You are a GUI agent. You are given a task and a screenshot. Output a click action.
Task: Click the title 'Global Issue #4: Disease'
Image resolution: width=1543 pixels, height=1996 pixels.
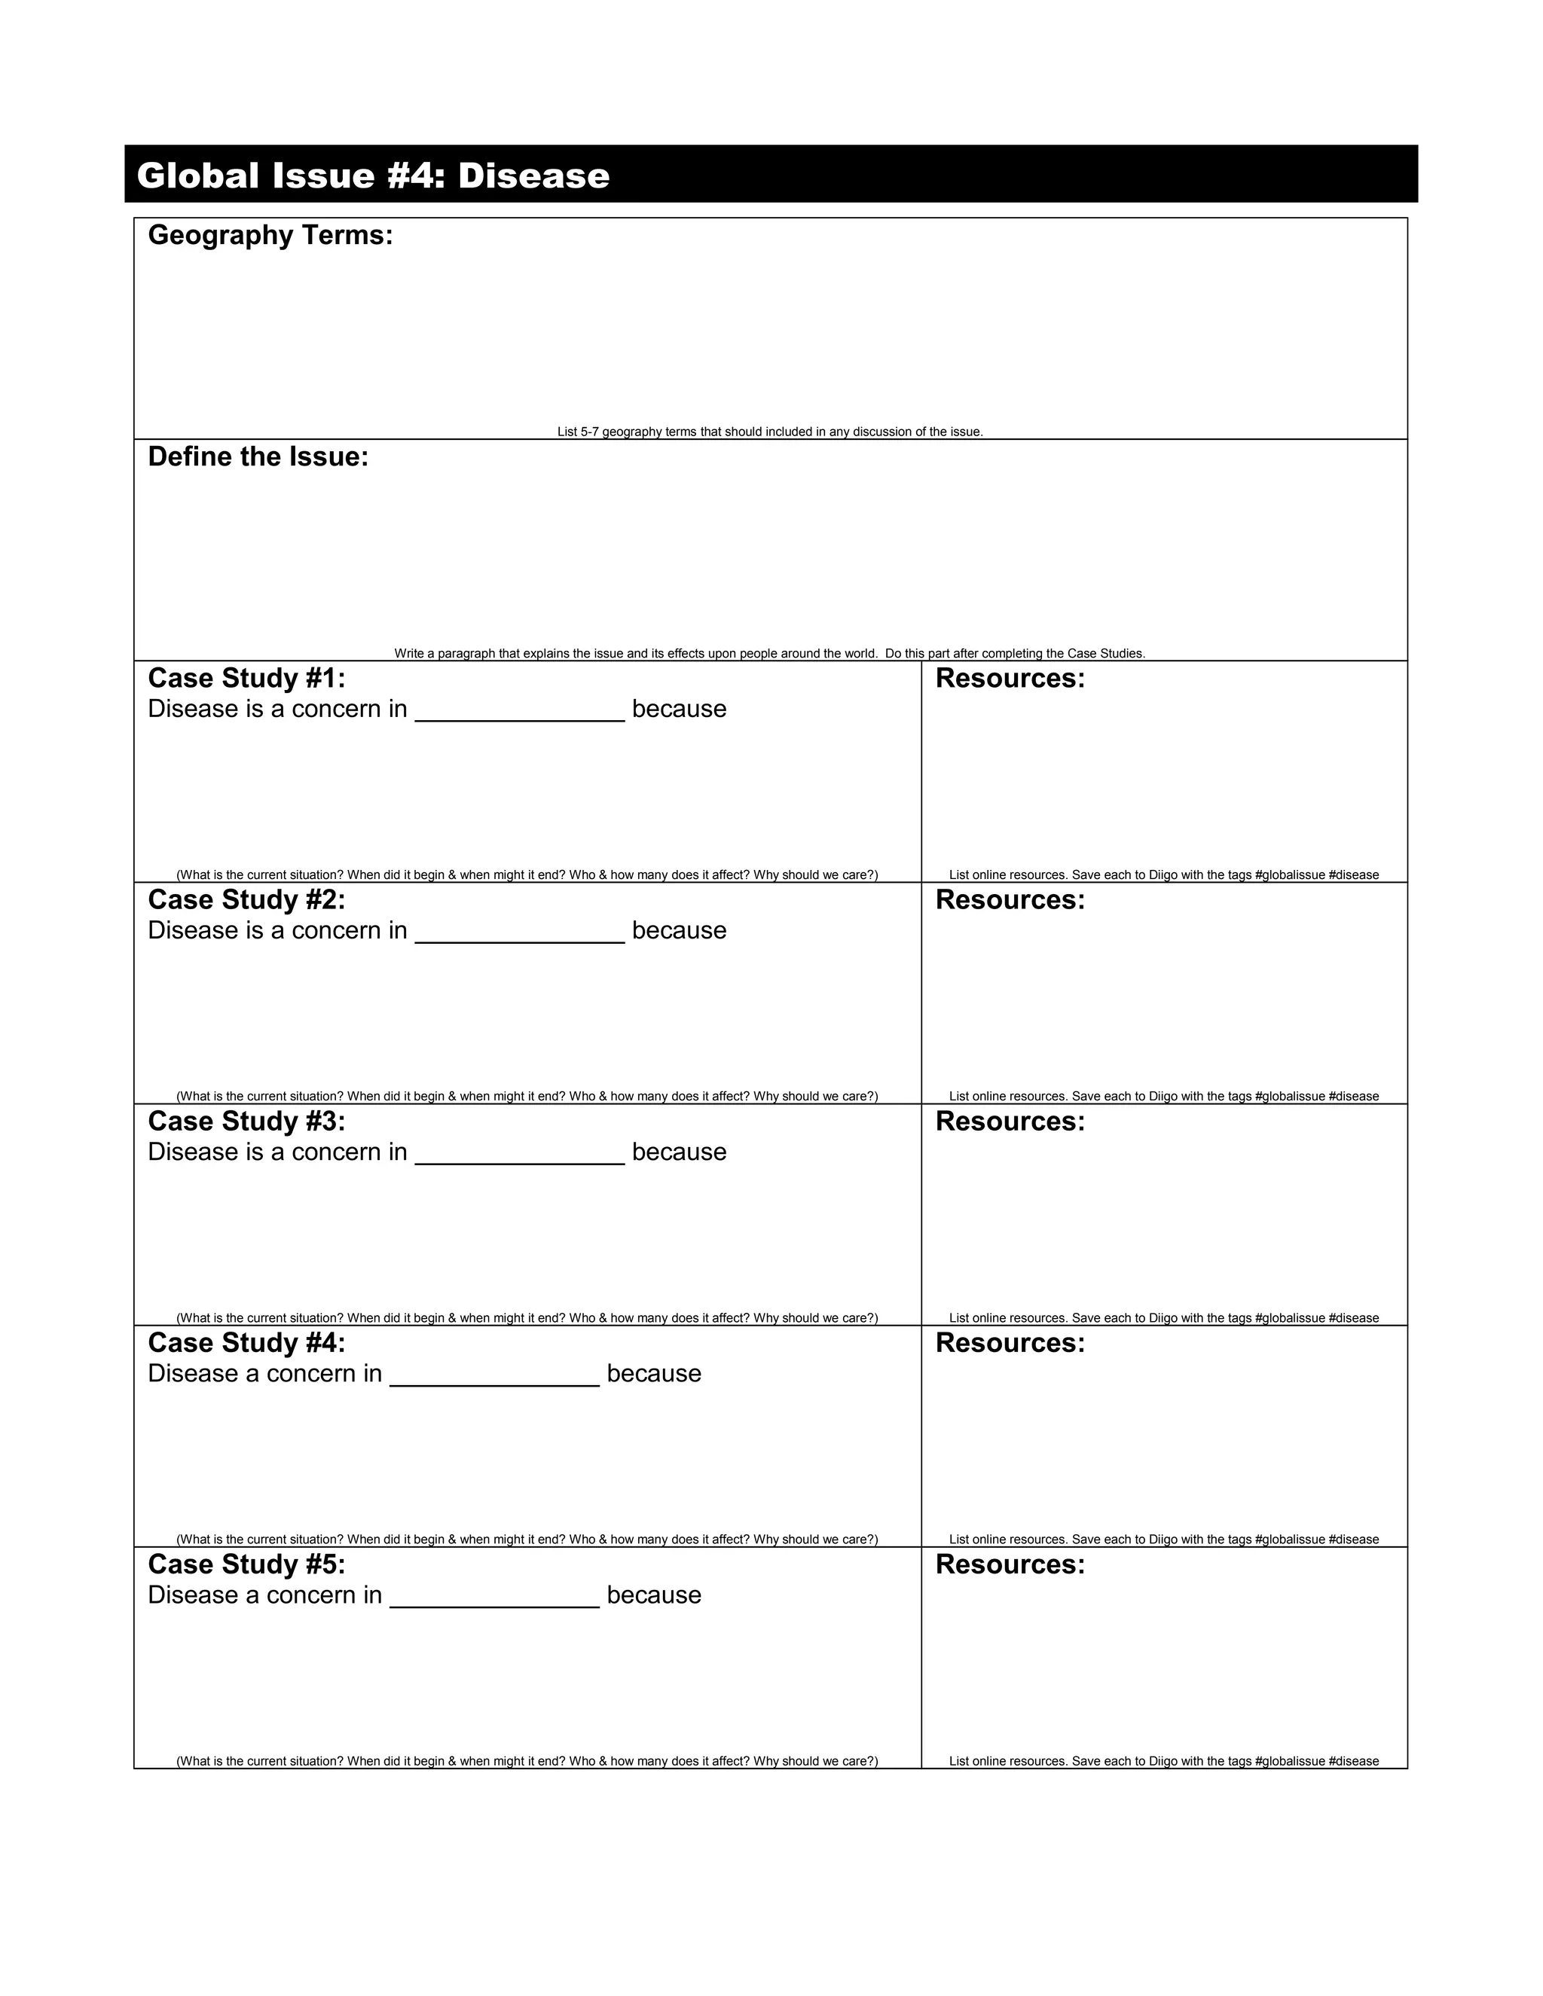click(x=373, y=175)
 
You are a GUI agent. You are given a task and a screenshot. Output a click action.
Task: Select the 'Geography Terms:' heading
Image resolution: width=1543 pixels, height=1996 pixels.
click(x=270, y=236)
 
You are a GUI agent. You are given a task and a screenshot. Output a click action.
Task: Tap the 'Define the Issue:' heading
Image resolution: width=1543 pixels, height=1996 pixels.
click(x=258, y=457)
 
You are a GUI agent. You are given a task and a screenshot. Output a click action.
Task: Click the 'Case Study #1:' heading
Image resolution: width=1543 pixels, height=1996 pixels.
click(x=247, y=678)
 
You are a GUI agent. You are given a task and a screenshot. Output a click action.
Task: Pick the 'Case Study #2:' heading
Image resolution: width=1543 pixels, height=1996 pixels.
click(x=247, y=900)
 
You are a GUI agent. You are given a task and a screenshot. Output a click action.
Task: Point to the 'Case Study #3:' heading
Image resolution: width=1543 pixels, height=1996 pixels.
click(x=247, y=1122)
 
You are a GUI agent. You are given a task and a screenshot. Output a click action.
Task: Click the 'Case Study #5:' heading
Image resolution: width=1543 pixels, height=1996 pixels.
click(x=247, y=1564)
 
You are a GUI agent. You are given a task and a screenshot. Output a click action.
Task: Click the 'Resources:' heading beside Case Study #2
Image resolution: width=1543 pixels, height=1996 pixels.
click(x=1010, y=900)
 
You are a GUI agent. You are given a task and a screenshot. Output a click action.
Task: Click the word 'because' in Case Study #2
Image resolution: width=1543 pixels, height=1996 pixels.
click(x=679, y=930)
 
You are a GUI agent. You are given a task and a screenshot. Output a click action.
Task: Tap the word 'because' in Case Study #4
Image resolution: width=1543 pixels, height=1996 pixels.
click(x=653, y=1374)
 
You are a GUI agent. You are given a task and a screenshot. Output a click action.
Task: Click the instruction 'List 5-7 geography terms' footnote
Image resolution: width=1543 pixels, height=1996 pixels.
click(x=770, y=432)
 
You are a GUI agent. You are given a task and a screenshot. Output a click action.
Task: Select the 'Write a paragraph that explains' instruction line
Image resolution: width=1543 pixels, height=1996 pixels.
click(x=770, y=654)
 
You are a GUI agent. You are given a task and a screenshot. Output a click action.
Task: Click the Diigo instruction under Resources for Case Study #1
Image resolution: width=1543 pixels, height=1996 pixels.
click(x=1163, y=874)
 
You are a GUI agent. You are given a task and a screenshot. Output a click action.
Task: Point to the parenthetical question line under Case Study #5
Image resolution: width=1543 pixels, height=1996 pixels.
click(x=527, y=1761)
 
